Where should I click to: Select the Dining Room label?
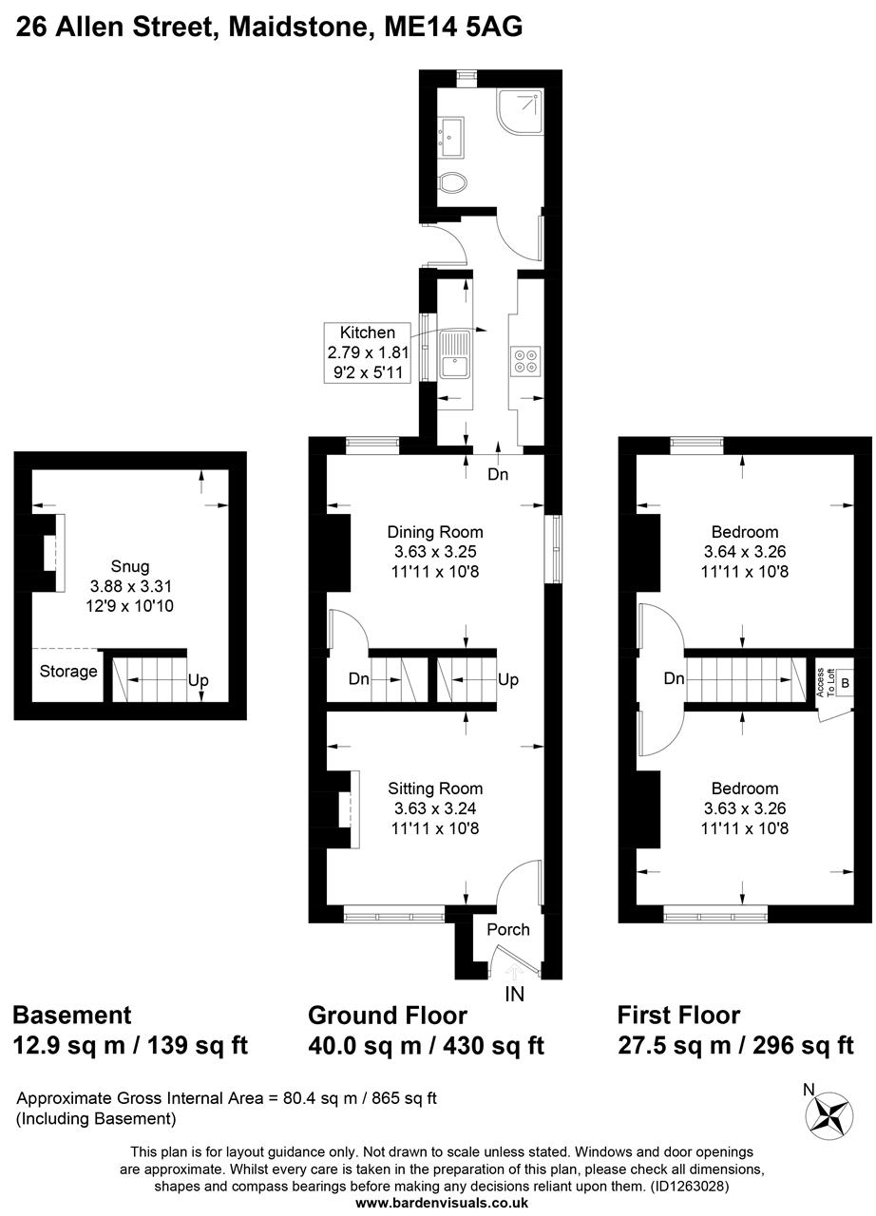pos(435,532)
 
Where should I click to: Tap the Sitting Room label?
pos(435,788)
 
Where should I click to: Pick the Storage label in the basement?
pos(68,672)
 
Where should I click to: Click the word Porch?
pos(508,929)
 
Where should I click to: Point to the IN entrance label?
pos(515,995)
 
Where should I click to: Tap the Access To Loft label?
pos(824,681)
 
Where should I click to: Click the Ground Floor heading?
pos(388,1016)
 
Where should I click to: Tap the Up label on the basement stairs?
pos(198,681)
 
